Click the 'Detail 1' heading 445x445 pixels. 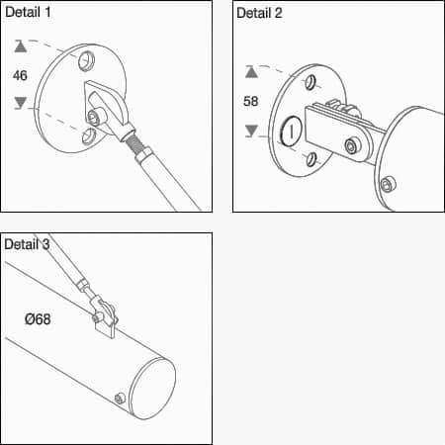[28, 12]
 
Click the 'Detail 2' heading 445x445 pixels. [259, 13]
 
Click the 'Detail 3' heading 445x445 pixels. [27, 244]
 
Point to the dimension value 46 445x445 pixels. [20, 75]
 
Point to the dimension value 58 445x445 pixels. [250, 101]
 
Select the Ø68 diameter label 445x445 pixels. [38, 319]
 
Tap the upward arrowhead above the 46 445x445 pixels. [21, 46]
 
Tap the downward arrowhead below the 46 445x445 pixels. [21, 103]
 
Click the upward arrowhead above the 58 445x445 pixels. [251, 72]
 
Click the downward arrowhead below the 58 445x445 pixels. [251, 131]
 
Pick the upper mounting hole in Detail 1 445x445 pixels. [86, 61]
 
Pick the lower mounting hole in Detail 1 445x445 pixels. [88, 136]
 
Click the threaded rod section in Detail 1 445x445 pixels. [134, 143]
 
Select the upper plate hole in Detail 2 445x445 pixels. [311, 82]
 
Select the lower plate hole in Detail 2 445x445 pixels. [311, 159]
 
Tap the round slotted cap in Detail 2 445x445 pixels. [291, 132]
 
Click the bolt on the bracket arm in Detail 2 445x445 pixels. [352, 146]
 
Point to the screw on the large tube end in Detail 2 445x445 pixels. [389, 185]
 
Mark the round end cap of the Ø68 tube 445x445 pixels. [152, 389]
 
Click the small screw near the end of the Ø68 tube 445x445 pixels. [120, 399]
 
